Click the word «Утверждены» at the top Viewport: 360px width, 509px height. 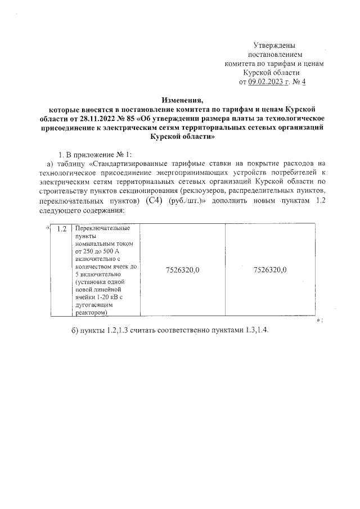tap(274, 45)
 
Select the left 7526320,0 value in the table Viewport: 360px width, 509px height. tap(183, 270)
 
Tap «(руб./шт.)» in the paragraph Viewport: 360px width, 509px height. tap(186, 201)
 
